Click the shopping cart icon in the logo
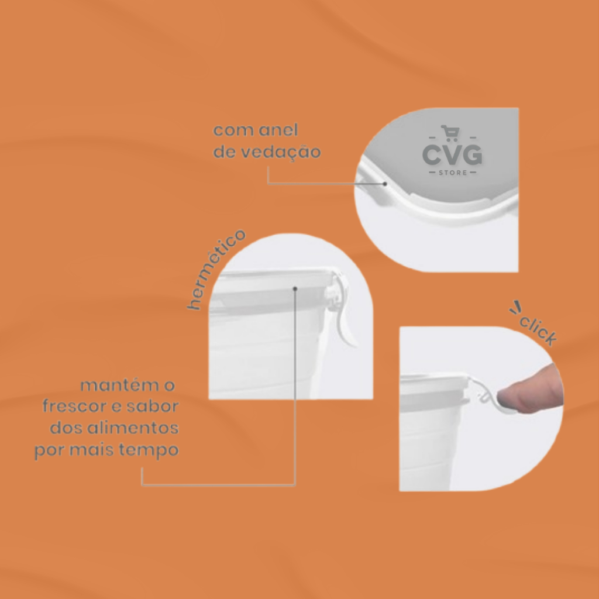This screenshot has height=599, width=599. [450, 133]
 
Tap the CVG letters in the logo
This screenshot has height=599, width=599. [452, 155]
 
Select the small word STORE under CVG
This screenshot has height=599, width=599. [453, 173]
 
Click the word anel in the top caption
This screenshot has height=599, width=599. [278, 130]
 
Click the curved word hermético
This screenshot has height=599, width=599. [216, 269]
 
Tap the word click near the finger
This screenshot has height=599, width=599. [538, 331]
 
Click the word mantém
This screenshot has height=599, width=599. [119, 385]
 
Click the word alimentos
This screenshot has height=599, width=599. [133, 428]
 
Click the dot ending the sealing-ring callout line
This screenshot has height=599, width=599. [385, 184]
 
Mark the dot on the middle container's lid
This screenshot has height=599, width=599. [295, 289]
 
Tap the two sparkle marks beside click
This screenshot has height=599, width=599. [515, 308]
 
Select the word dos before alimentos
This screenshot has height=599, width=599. [66, 428]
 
